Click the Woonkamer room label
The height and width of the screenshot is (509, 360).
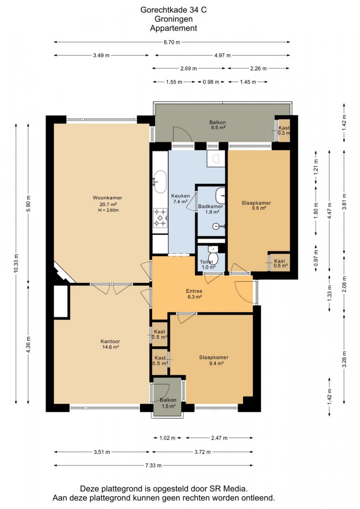click(x=107, y=197)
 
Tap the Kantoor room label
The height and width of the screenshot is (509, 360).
click(x=110, y=342)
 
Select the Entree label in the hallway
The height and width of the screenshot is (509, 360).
click(x=194, y=291)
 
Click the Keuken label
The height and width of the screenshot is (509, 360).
click(x=180, y=196)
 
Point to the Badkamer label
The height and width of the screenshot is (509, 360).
click(x=211, y=206)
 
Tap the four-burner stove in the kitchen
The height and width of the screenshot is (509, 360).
click(x=160, y=217)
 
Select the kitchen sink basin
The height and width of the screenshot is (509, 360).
click(x=160, y=182)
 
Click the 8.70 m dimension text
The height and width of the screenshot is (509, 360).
click(x=172, y=42)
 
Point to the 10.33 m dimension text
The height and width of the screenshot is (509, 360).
click(x=16, y=263)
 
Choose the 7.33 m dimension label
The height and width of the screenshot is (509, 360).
click(x=153, y=466)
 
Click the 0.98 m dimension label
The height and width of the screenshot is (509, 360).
click(x=211, y=82)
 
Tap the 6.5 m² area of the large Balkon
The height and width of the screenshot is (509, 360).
click(x=218, y=128)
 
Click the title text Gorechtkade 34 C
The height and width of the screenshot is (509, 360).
click(x=173, y=10)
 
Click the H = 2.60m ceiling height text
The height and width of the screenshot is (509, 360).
click(x=108, y=210)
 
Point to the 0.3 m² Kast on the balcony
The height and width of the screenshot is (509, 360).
click(x=284, y=131)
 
